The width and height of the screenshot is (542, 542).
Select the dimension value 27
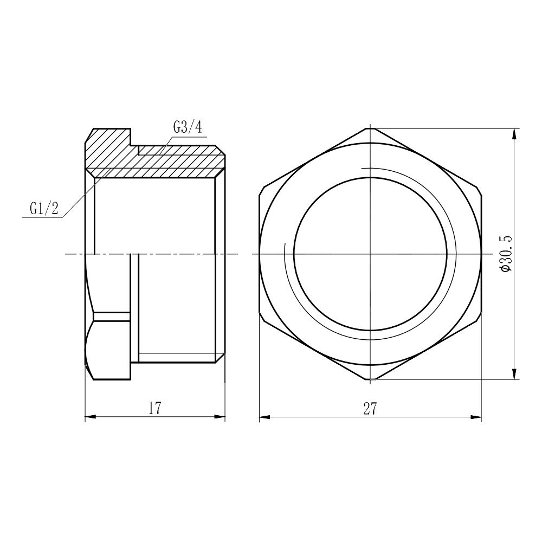[x=370, y=409]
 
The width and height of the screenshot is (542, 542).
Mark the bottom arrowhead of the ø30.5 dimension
[x=514, y=375]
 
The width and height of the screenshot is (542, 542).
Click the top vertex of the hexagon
[x=370, y=128]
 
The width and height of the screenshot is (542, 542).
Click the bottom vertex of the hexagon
[x=370, y=379]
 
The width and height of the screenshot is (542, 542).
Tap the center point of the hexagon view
[x=370, y=254]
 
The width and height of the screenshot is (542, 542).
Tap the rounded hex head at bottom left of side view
[x=108, y=347]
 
